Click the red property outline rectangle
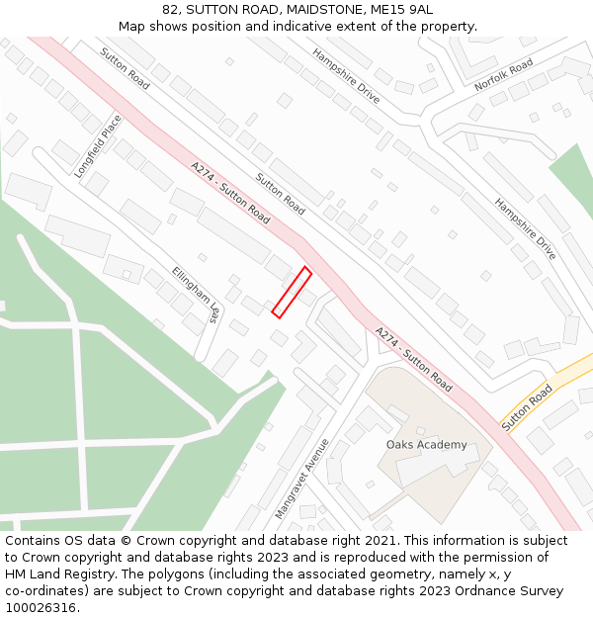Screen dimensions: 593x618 point(292,293)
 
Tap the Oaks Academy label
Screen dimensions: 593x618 point(426,445)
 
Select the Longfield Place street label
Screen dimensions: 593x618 point(97,146)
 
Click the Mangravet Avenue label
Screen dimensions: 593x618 point(301,480)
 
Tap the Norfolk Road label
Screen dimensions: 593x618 point(503,75)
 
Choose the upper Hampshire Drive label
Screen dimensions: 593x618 point(346,76)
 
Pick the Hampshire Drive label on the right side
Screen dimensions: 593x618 point(525,229)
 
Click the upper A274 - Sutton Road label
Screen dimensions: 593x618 point(230,193)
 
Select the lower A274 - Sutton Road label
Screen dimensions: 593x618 point(413,358)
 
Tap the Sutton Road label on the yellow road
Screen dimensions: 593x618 point(526,407)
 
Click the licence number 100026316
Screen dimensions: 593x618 point(41,607)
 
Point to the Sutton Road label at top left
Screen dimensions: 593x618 point(125,68)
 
